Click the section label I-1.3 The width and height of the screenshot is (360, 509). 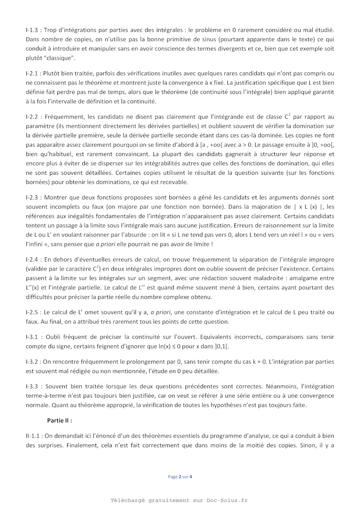click(33, 30)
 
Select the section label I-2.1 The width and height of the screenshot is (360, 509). click(33, 73)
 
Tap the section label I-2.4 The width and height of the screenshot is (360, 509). click(33, 259)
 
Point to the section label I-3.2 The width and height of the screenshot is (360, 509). click(32, 361)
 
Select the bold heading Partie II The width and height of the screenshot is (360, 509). click(60, 420)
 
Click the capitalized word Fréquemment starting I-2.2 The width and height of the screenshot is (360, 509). click(64, 117)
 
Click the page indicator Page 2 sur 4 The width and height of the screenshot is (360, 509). click(180, 477)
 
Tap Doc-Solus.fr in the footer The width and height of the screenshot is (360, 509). click(227, 500)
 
